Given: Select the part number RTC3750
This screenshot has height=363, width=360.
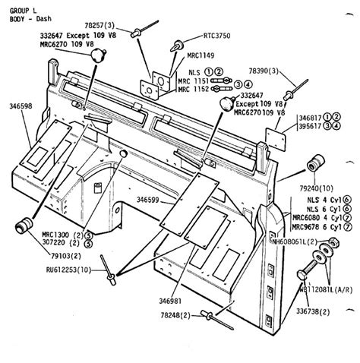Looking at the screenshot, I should pos(217,34).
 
